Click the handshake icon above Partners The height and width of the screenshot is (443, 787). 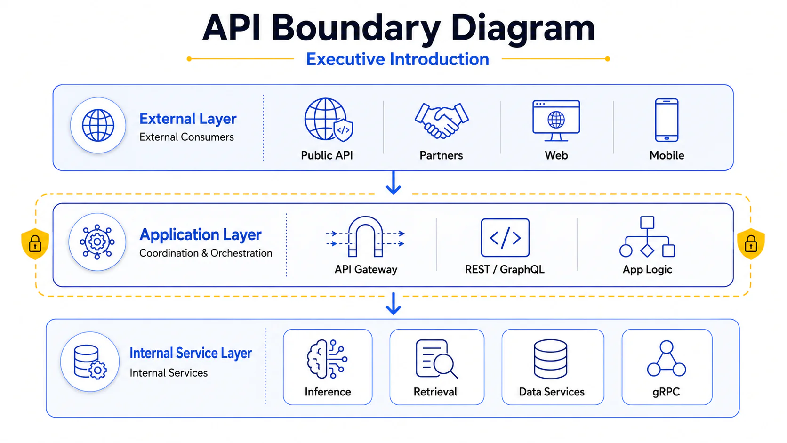pyautogui.click(x=442, y=120)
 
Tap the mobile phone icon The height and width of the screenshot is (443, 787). pyautogui.click(x=667, y=120)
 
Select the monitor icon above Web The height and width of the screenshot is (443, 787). pyautogui.click(x=556, y=121)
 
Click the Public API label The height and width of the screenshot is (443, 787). pyautogui.click(x=327, y=155)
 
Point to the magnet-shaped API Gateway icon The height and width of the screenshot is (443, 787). pyautogui.click(x=365, y=236)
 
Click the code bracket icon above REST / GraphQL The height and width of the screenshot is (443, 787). pyautogui.click(x=505, y=237)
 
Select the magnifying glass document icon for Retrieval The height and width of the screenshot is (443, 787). pyautogui.click(x=436, y=359)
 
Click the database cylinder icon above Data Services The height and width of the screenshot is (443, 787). pyautogui.click(x=550, y=359)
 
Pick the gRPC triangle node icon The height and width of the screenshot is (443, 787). pyautogui.click(x=667, y=358)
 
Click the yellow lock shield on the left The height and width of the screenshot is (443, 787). pyautogui.click(x=35, y=243)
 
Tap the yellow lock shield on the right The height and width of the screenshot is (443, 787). pyautogui.click(x=751, y=243)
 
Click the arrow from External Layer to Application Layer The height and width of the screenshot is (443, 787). pyautogui.click(x=393, y=183)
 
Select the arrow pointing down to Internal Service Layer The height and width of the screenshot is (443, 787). pyautogui.click(x=393, y=303)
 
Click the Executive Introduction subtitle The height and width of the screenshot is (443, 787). pyautogui.click(x=397, y=59)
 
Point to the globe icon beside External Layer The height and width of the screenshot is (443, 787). pyautogui.click(x=98, y=125)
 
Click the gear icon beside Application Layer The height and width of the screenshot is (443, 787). pyautogui.click(x=97, y=242)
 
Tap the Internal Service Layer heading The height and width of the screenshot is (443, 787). pyautogui.click(x=191, y=353)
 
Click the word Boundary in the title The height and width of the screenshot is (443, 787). pyautogui.click(x=356, y=28)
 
